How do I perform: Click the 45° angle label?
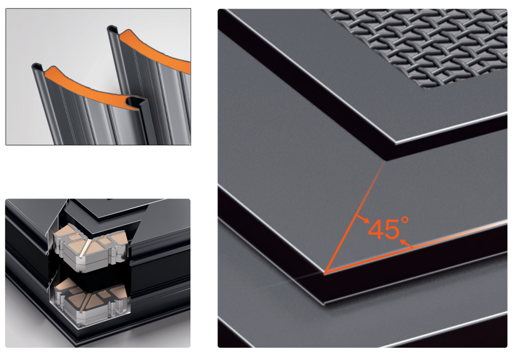coord(388,229)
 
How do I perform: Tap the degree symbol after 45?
coord(405,221)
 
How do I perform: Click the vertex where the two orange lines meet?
coord(324,273)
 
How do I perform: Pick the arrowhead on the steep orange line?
coord(366,221)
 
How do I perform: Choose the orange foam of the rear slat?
coord(155,50)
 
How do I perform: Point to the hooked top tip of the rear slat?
coord(112,28)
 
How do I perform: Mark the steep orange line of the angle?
coord(355,217)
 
